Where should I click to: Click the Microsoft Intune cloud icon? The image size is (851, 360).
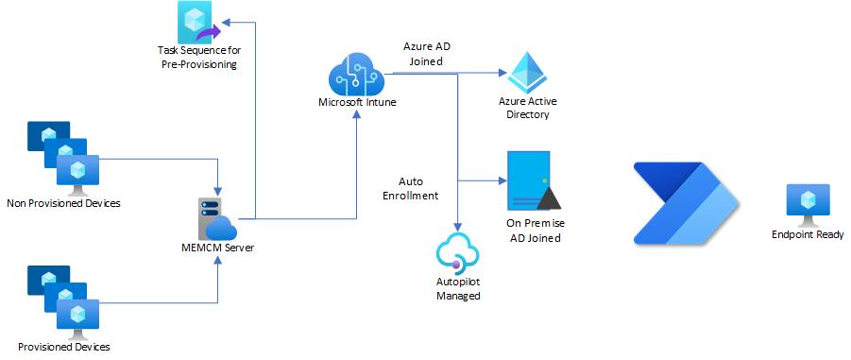pyautogui.click(x=355, y=72)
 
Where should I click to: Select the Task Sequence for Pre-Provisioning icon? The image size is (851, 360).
pyautogui.click(x=197, y=21)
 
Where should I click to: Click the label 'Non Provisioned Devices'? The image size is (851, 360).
pyautogui.click(x=63, y=202)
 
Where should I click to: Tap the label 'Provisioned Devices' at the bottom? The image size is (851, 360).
pyautogui.click(x=64, y=347)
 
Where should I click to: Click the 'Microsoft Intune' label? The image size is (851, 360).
pyautogui.click(x=355, y=102)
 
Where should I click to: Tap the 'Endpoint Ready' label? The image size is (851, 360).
pyautogui.click(x=807, y=234)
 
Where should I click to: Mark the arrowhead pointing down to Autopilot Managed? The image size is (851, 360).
pyautogui.click(x=458, y=227)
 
